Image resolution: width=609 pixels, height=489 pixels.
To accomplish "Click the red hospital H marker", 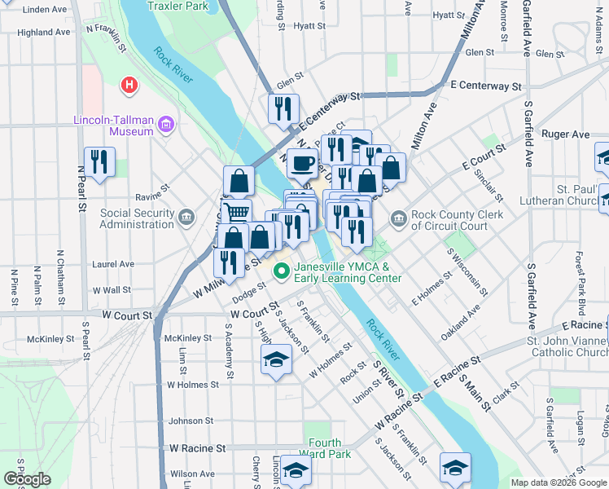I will coord(129,84).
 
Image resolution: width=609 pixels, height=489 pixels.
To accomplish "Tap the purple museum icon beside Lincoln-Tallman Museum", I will coord(166,125).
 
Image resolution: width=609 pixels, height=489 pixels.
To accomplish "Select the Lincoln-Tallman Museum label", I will coord(113,126).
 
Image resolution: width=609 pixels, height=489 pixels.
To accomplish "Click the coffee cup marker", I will coord(302,163).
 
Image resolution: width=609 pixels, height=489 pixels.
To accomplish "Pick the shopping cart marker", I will coord(236,214).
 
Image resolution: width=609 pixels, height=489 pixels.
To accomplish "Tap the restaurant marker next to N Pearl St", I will coord(99,161).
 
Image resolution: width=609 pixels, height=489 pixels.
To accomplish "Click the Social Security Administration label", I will coord(137,219).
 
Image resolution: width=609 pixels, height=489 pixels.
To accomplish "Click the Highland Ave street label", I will coord(43,33).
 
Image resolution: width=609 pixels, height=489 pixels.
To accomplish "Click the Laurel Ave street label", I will coord(113,264).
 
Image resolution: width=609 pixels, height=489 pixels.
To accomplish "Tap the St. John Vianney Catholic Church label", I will coord(567,346).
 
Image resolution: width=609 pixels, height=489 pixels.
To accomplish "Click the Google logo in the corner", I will coord(27,479).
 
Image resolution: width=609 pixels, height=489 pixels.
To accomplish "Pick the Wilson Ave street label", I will coord(192,474).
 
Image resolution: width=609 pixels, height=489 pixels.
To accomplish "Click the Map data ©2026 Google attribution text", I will coord(558,482).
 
